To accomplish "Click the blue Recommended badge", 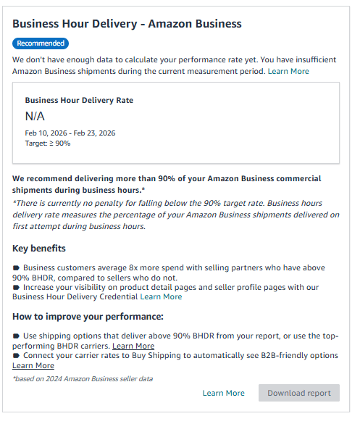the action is tap(41, 43).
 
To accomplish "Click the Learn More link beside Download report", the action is tap(223, 393).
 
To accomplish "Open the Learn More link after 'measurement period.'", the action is tap(288, 71).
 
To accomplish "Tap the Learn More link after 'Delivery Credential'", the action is tap(161, 296).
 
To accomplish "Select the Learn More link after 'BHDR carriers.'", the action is tap(133, 346).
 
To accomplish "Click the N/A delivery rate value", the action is tap(35, 117).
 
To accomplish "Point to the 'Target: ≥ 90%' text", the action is tap(48, 144).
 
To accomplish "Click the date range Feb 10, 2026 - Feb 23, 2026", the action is tap(70, 133).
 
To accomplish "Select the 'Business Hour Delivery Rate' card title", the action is tap(79, 101).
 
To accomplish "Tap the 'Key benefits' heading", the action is tap(39, 249).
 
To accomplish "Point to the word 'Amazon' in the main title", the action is tap(169, 24).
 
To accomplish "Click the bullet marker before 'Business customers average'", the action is tap(16, 267).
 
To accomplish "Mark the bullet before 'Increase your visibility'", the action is tap(16, 287).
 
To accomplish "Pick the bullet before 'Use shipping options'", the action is tap(16, 336).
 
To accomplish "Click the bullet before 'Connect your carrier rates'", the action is tap(16, 356).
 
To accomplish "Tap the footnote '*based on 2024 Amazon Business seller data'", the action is tap(83, 378).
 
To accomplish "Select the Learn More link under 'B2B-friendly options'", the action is tap(33, 365).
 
